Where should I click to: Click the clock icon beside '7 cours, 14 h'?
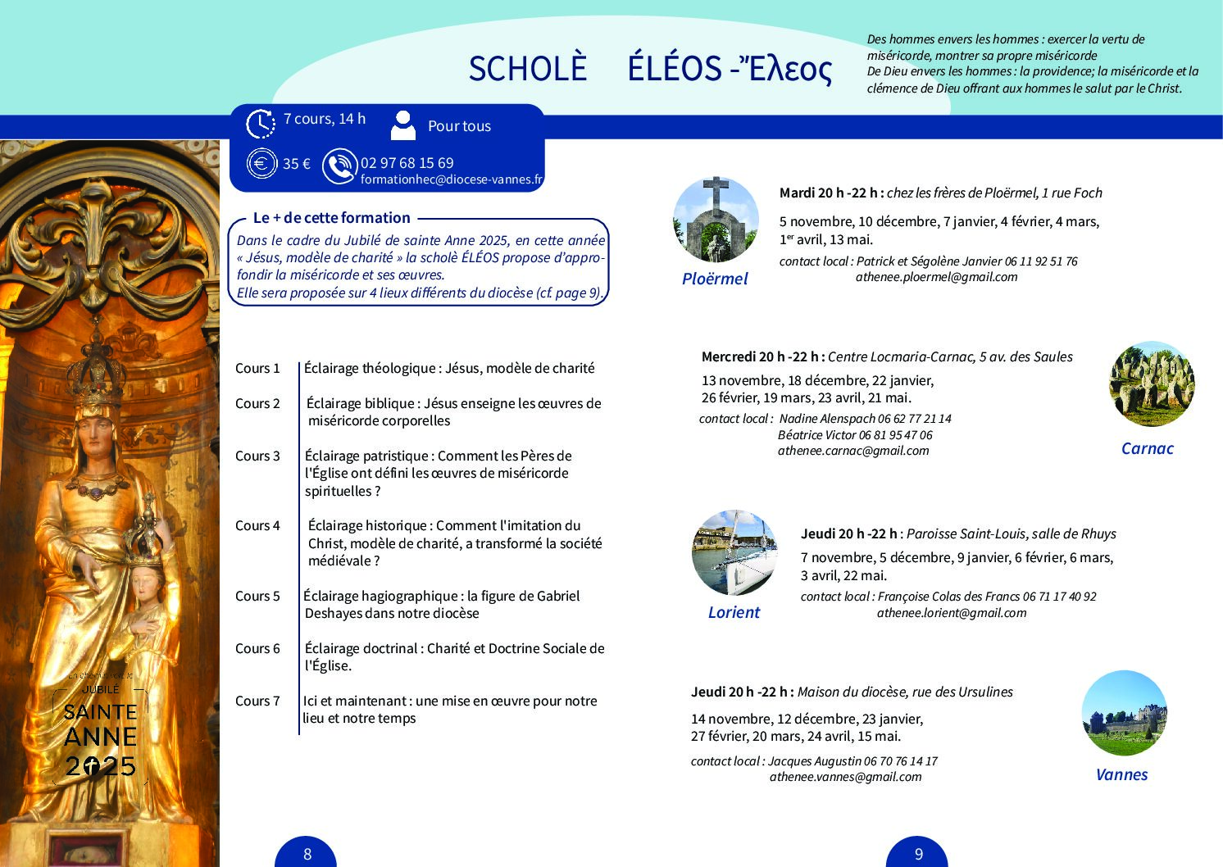pyautogui.click(x=261, y=124)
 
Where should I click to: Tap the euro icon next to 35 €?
pyautogui.click(x=261, y=163)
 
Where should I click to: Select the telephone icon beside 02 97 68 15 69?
pyautogui.click(x=339, y=166)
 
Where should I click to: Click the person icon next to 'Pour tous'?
pyautogui.click(x=403, y=125)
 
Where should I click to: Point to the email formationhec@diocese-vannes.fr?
pyautogui.click(x=452, y=179)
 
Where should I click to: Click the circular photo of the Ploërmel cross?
pyautogui.click(x=716, y=219)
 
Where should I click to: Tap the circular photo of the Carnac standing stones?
pyautogui.click(x=1152, y=384)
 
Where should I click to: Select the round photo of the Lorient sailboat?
pyautogui.click(x=734, y=553)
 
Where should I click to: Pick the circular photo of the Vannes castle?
pyautogui.click(x=1124, y=713)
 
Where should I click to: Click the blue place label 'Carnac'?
pyautogui.click(x=1147, y=448)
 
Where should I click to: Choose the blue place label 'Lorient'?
pyautogui.click(x=734, y=612)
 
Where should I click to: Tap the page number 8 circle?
pyautogui.click(x=307, y=853)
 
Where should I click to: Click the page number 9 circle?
pyautogui.click(x=918, y=853)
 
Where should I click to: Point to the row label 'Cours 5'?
pyautogui.click(x=257, y=596)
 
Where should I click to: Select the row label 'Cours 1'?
pyautogui.click(x=257, y=368)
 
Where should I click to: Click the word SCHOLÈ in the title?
pyautogui.click(x=527, y=69)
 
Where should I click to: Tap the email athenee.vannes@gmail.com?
pyautogui.click(x=845, y=777)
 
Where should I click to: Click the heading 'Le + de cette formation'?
pyautogui.click(x=331, y=218)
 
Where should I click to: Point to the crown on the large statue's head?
pyautogui.click(x=98, y=373)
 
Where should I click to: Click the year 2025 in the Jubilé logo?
pyautogui.click(x=101, y=766)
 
